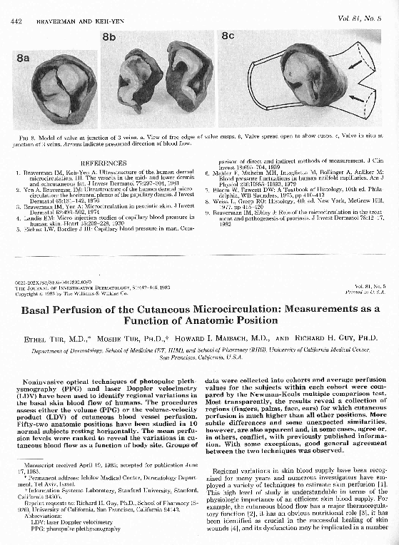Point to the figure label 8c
tap(228, 36)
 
